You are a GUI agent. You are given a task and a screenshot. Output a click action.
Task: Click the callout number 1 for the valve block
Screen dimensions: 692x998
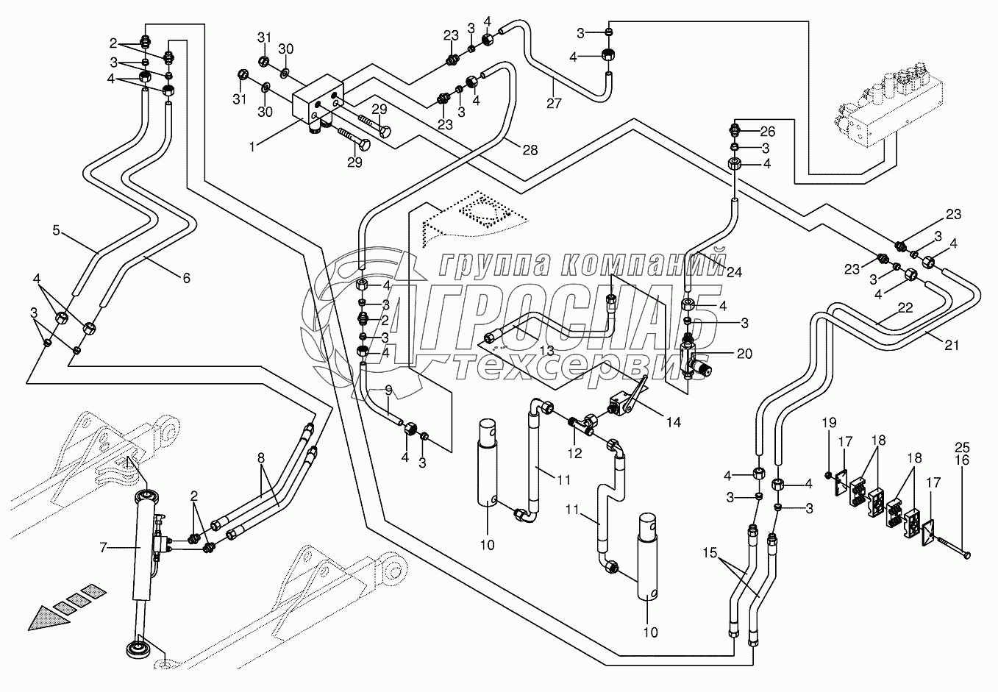(x=252, y=147)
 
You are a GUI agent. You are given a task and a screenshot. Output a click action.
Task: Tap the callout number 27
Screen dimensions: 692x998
(x=554, y=104)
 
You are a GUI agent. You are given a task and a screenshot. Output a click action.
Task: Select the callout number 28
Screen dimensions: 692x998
(x=530, y=150)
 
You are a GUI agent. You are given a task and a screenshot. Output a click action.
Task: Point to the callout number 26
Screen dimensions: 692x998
(x=767, y=132)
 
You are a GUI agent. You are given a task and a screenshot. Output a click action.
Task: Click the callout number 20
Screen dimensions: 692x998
(x=744, y=353)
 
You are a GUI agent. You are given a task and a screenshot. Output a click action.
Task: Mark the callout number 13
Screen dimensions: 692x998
(x=546, y=352)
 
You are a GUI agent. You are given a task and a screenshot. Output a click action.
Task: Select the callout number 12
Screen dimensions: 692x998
(x=574, y=454)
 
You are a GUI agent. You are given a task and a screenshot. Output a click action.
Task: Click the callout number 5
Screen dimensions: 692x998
(x=56, y=230)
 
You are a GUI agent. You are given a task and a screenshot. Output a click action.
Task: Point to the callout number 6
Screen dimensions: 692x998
(x=185, y=277)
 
